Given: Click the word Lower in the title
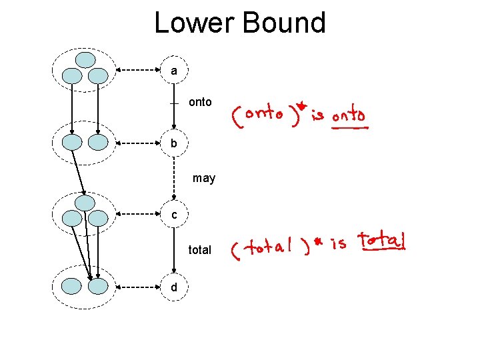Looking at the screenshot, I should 195,23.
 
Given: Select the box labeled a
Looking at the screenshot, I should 174,70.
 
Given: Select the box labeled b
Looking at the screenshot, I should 174,143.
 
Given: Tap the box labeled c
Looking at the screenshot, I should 174,215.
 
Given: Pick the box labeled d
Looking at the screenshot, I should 174,287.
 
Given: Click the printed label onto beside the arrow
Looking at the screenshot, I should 200,102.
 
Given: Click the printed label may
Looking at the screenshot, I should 204,179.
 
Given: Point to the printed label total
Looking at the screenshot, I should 199,250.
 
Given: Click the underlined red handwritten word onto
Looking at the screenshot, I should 349,116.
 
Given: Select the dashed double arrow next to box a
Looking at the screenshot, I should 139,70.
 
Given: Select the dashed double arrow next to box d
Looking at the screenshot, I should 139,287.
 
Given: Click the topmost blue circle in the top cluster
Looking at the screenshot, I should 85,60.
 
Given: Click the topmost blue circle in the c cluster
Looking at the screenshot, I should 85,203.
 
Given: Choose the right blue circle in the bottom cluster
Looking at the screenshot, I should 98,287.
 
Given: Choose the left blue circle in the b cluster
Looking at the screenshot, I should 72,142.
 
